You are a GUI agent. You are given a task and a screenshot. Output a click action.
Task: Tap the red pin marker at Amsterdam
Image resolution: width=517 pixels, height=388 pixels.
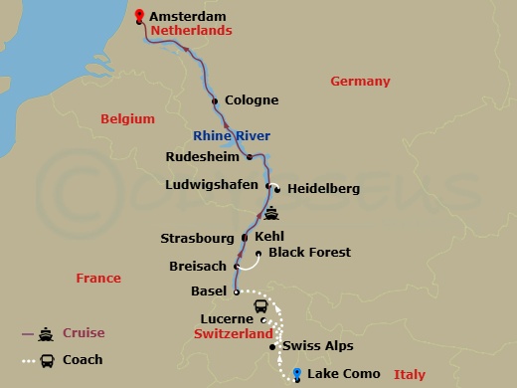coord(139,15)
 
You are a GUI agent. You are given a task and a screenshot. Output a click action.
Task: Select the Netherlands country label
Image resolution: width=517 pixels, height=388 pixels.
coord(193,31)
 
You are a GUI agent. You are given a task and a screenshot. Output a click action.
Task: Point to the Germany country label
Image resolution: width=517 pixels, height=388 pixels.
coord(360,82)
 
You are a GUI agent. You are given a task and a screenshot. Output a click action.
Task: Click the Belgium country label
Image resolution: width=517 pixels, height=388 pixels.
coord(128,119)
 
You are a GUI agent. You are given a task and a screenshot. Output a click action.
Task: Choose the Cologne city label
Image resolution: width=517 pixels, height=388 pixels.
coord(252,100)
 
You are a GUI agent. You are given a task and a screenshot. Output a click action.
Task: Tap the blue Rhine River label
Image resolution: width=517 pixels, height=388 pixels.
coord(232,136)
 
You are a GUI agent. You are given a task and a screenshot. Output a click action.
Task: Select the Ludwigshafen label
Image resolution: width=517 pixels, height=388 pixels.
coord(212,184)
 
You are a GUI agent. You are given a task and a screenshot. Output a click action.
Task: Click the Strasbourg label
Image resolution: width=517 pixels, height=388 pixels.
coord(199,239)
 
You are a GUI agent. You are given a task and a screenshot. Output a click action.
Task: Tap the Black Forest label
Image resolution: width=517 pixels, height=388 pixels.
coord(309,253)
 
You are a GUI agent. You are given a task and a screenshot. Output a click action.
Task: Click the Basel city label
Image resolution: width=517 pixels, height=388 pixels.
coord(209,291)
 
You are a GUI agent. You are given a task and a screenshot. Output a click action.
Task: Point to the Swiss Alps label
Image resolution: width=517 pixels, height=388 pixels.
coord(317,346)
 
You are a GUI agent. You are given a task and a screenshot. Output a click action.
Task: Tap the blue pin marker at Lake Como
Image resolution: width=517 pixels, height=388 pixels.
coord(296,373)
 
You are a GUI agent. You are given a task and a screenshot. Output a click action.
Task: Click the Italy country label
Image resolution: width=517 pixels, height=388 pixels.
coord(409,375)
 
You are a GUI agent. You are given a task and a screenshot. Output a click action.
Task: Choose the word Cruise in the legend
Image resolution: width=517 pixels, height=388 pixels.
coord(84,333)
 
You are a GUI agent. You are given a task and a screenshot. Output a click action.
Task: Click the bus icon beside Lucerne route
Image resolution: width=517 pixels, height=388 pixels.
coord(260,306)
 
